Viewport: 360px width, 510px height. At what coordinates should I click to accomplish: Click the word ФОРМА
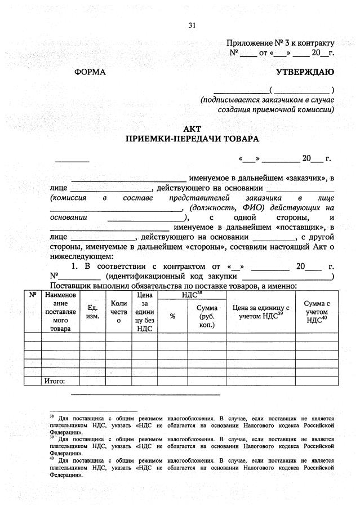pyautogui.click(x=90, y=72)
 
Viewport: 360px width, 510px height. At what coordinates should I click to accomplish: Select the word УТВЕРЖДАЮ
pyautogui.click(x=304, y=72)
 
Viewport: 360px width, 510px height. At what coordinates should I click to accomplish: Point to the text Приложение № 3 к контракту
pyautogui.click(x=280, y=43)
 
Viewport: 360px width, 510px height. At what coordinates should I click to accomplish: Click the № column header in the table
pyautogui.click(x=33, y=295)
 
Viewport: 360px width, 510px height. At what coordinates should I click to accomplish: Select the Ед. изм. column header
pyautogui.click(x=92, y=312)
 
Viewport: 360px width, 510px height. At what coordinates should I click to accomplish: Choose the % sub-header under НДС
pyautogui.click(x=172, y=316)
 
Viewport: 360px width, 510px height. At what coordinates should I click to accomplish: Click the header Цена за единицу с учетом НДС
pyautogui.click(x=261, y=312)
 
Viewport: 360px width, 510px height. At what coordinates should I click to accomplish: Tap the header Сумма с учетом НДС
pyautogui.click(x=317, y=312)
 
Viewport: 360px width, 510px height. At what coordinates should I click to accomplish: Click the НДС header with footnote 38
pyautogui.click(x=192, y=294)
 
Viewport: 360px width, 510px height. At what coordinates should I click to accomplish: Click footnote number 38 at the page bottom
pyautogui.click(x=52, y=418)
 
